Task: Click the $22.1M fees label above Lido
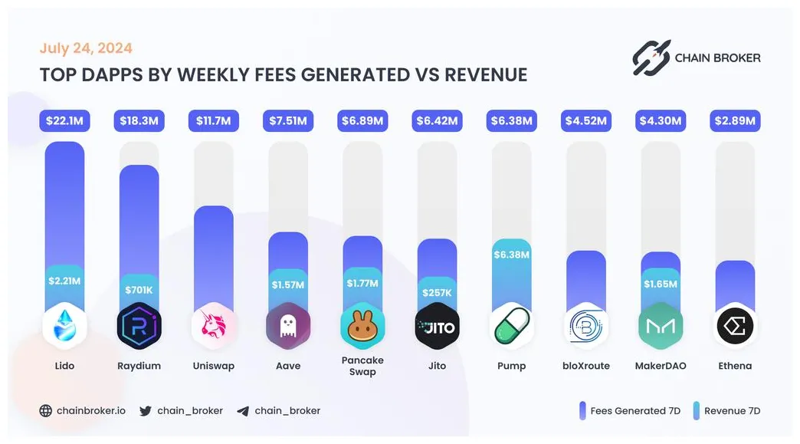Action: coord(65,120)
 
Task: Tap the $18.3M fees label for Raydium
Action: coord(139,120)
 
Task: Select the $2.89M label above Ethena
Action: coord(735,120)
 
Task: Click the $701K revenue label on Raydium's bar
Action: coord(139,290)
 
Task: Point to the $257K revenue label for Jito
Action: coord(437,292)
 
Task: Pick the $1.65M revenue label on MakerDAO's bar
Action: coord(660,284)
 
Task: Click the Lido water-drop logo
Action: coord(65,327)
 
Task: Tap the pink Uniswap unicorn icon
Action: coord(213,327)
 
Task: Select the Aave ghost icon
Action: coord(287,327)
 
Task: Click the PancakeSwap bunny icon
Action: coord(362,327)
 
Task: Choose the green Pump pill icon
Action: coord(511,327)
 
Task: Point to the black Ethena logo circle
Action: coord(735,327)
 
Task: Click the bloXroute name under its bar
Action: coord(586,366)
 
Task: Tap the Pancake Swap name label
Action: coord(362,366)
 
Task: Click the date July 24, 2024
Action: coord(86,48)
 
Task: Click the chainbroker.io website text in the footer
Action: coord(90,410)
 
